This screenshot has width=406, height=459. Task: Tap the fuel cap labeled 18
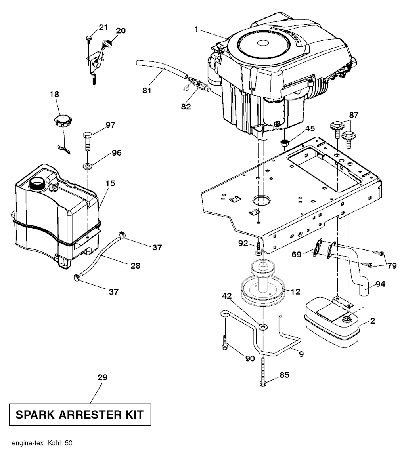(x=62, y=119)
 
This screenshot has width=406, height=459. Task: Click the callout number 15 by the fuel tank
(x=110, y=183)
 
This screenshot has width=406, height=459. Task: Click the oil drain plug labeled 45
(x=284, y=143)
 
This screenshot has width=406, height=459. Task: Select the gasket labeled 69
(x=318, y=248)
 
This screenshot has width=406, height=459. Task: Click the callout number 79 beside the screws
(x=392, y=266)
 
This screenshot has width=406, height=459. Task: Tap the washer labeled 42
(x=262, y=327)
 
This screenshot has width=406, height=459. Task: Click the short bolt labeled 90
(x=225, y=343)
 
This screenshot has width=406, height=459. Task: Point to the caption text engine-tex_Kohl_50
(x=42, y=442)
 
